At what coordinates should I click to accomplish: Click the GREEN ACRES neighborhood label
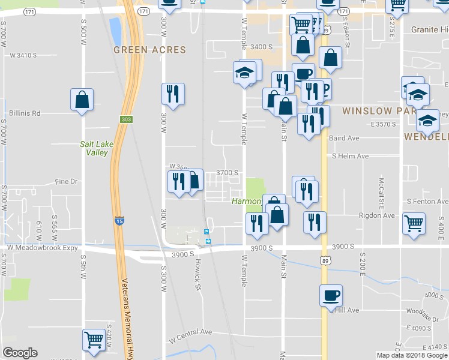150,50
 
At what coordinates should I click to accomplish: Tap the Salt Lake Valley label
94,148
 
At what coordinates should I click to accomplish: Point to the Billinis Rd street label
25,113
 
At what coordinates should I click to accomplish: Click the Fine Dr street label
67,181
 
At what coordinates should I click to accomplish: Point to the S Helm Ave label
351,156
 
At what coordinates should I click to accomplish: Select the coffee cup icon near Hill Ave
331,296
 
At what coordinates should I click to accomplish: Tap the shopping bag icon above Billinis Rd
82,100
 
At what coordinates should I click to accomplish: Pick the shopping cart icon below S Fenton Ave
414,223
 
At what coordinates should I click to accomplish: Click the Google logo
20,353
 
